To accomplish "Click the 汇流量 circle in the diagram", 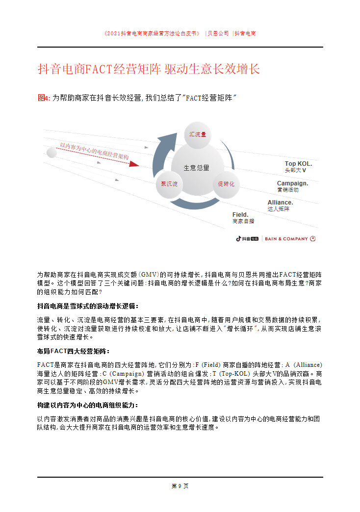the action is point(197,134).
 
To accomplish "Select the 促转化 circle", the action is point(226,184).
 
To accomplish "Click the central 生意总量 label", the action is point(197,168).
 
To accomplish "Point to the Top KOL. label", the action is point(298,164).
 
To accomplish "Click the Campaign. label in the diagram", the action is point(292,183).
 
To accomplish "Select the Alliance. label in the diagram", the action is point(280,202).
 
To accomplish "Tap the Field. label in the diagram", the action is point(240,215).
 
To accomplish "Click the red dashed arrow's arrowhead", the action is point(133,163).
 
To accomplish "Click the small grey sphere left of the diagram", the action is point(51,153).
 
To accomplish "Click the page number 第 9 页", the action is point(180,486).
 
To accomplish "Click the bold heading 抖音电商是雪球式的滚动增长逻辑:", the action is point(88,306).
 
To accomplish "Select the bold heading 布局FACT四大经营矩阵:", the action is point(74,351).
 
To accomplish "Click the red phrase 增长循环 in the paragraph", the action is point(239,329).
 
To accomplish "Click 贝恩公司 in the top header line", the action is point(218,34).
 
